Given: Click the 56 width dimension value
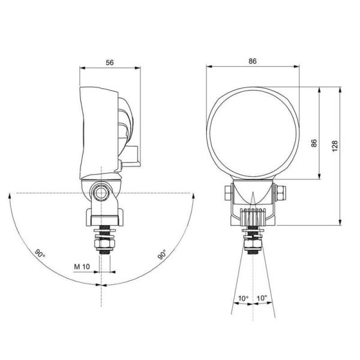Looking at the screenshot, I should [109, 62].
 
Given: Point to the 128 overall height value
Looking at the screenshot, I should [335, 148].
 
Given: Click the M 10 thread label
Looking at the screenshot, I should [82, 266].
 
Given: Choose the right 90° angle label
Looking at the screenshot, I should [162, 254].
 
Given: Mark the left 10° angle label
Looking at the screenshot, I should [242, 298].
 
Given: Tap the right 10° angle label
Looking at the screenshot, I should [262, 298].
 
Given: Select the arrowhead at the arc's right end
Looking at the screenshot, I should [193, 197].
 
